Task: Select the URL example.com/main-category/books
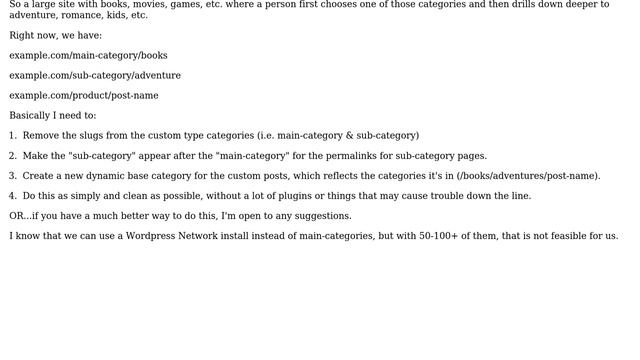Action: tap(88, 56)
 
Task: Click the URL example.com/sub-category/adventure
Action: tap(95, 76)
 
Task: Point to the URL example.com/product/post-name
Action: tap(84, 96)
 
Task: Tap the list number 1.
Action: tap(13, 136)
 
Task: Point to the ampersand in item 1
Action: tap(350, 136)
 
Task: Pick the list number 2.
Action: tap(13, 156)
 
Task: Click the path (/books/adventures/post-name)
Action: tap(528, 176)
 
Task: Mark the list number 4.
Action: tap(13, 196)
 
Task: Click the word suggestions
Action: tap(320, 216)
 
